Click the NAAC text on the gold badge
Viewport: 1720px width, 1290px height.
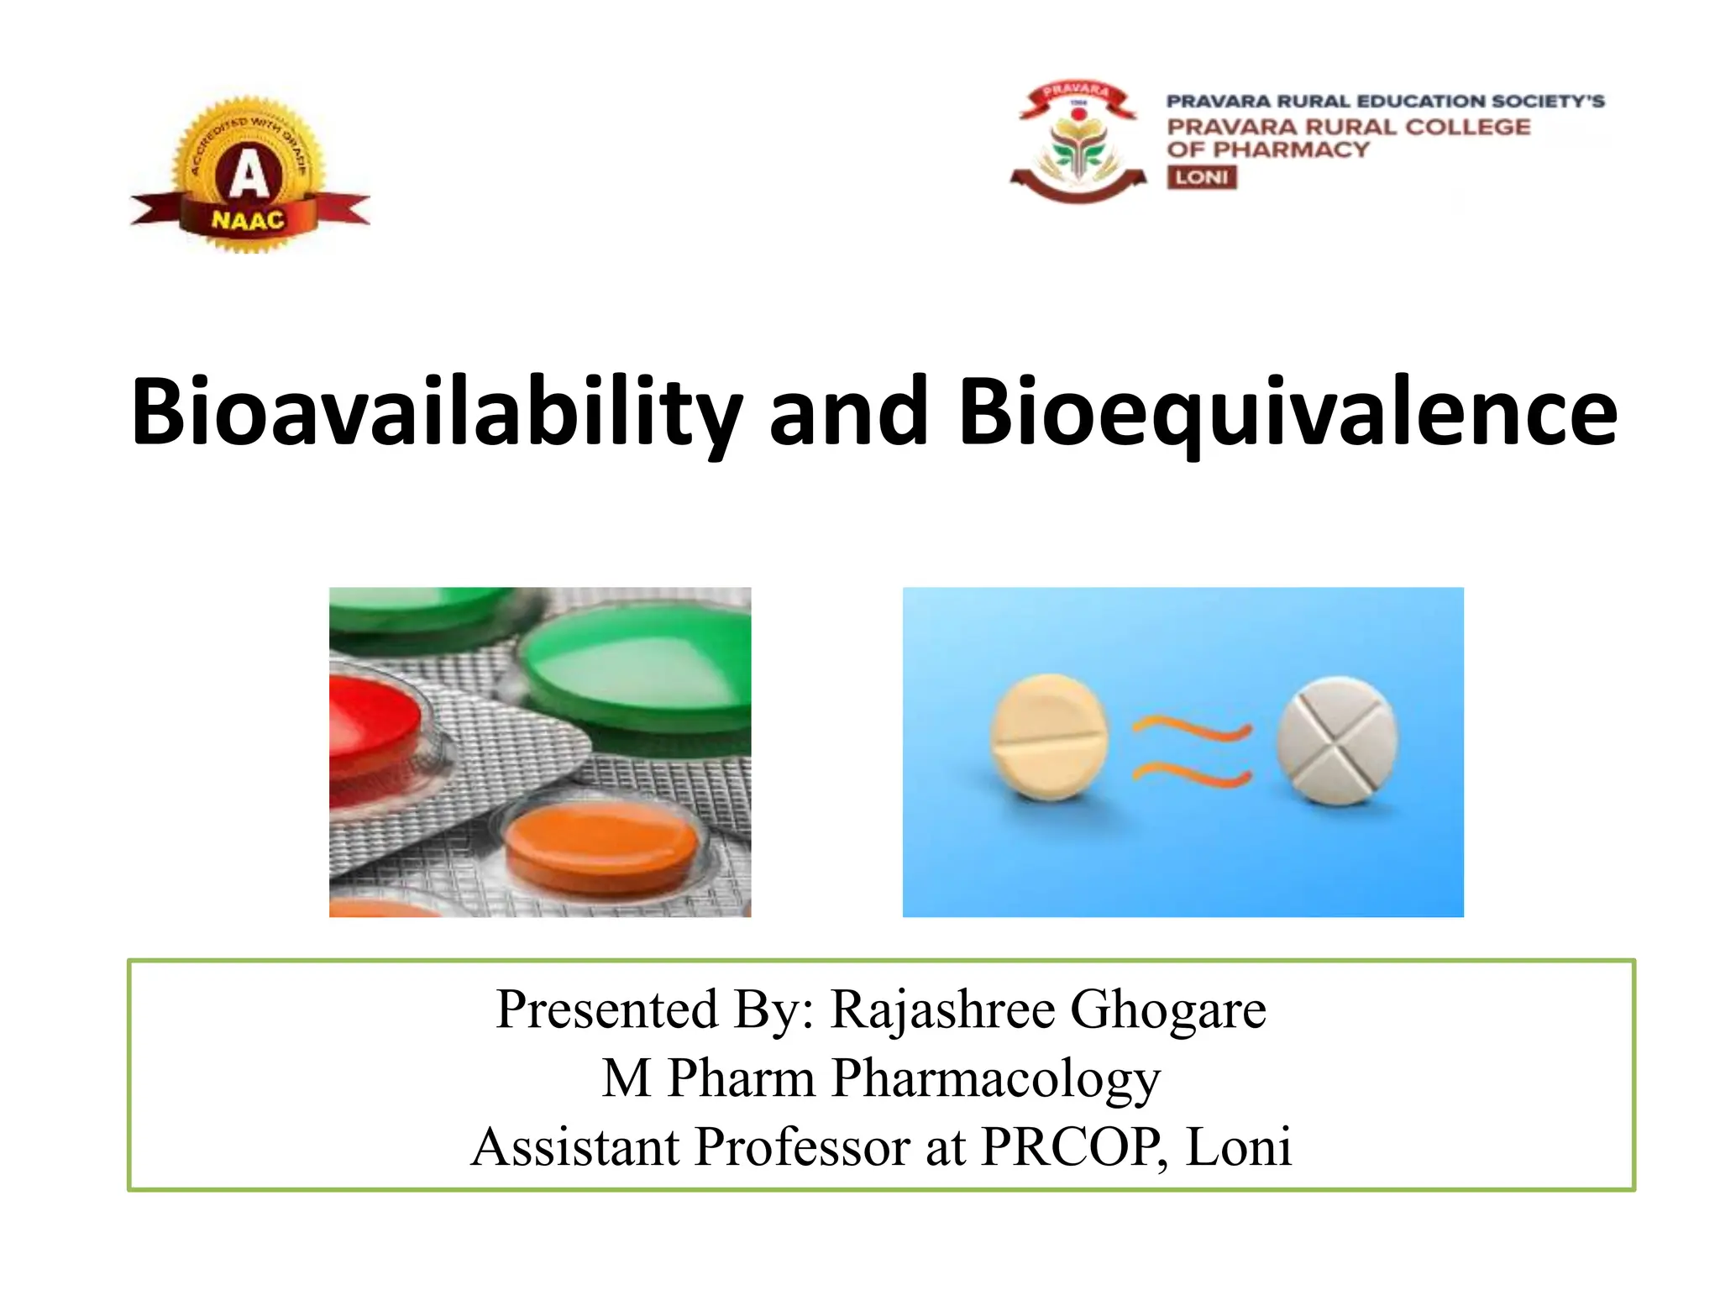(248, 221)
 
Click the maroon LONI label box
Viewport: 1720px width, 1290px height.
(1201, 177)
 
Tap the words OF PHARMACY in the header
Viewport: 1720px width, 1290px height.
(1267, 150)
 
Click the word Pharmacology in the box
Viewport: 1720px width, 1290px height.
(996, 1078)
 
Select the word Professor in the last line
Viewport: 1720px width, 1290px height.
(802, 1147)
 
